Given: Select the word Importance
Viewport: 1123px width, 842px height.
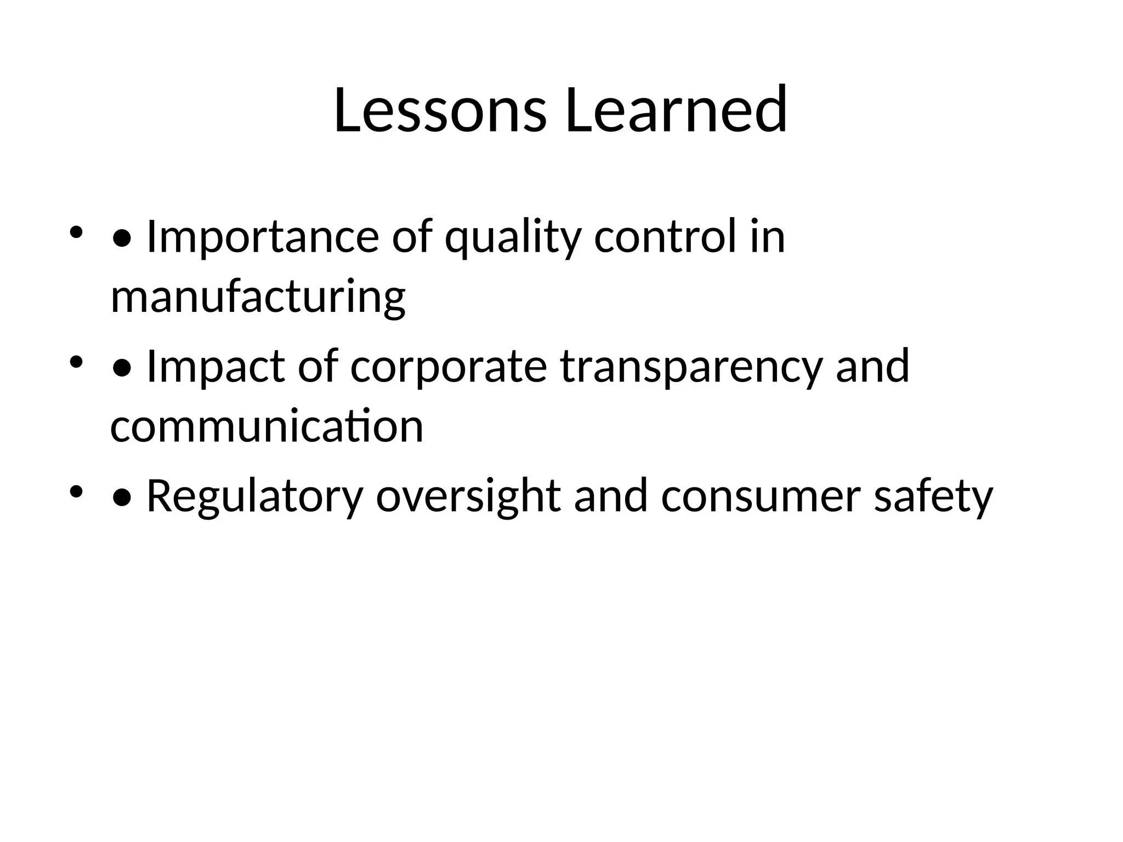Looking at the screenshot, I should (263, 237).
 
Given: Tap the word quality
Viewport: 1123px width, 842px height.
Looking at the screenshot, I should (512, 237).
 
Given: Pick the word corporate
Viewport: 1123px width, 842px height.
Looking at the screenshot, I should (448, 367).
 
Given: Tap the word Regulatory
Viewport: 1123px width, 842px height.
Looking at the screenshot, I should (254, 497).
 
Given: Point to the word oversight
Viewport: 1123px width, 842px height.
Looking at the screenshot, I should (468, 497).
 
